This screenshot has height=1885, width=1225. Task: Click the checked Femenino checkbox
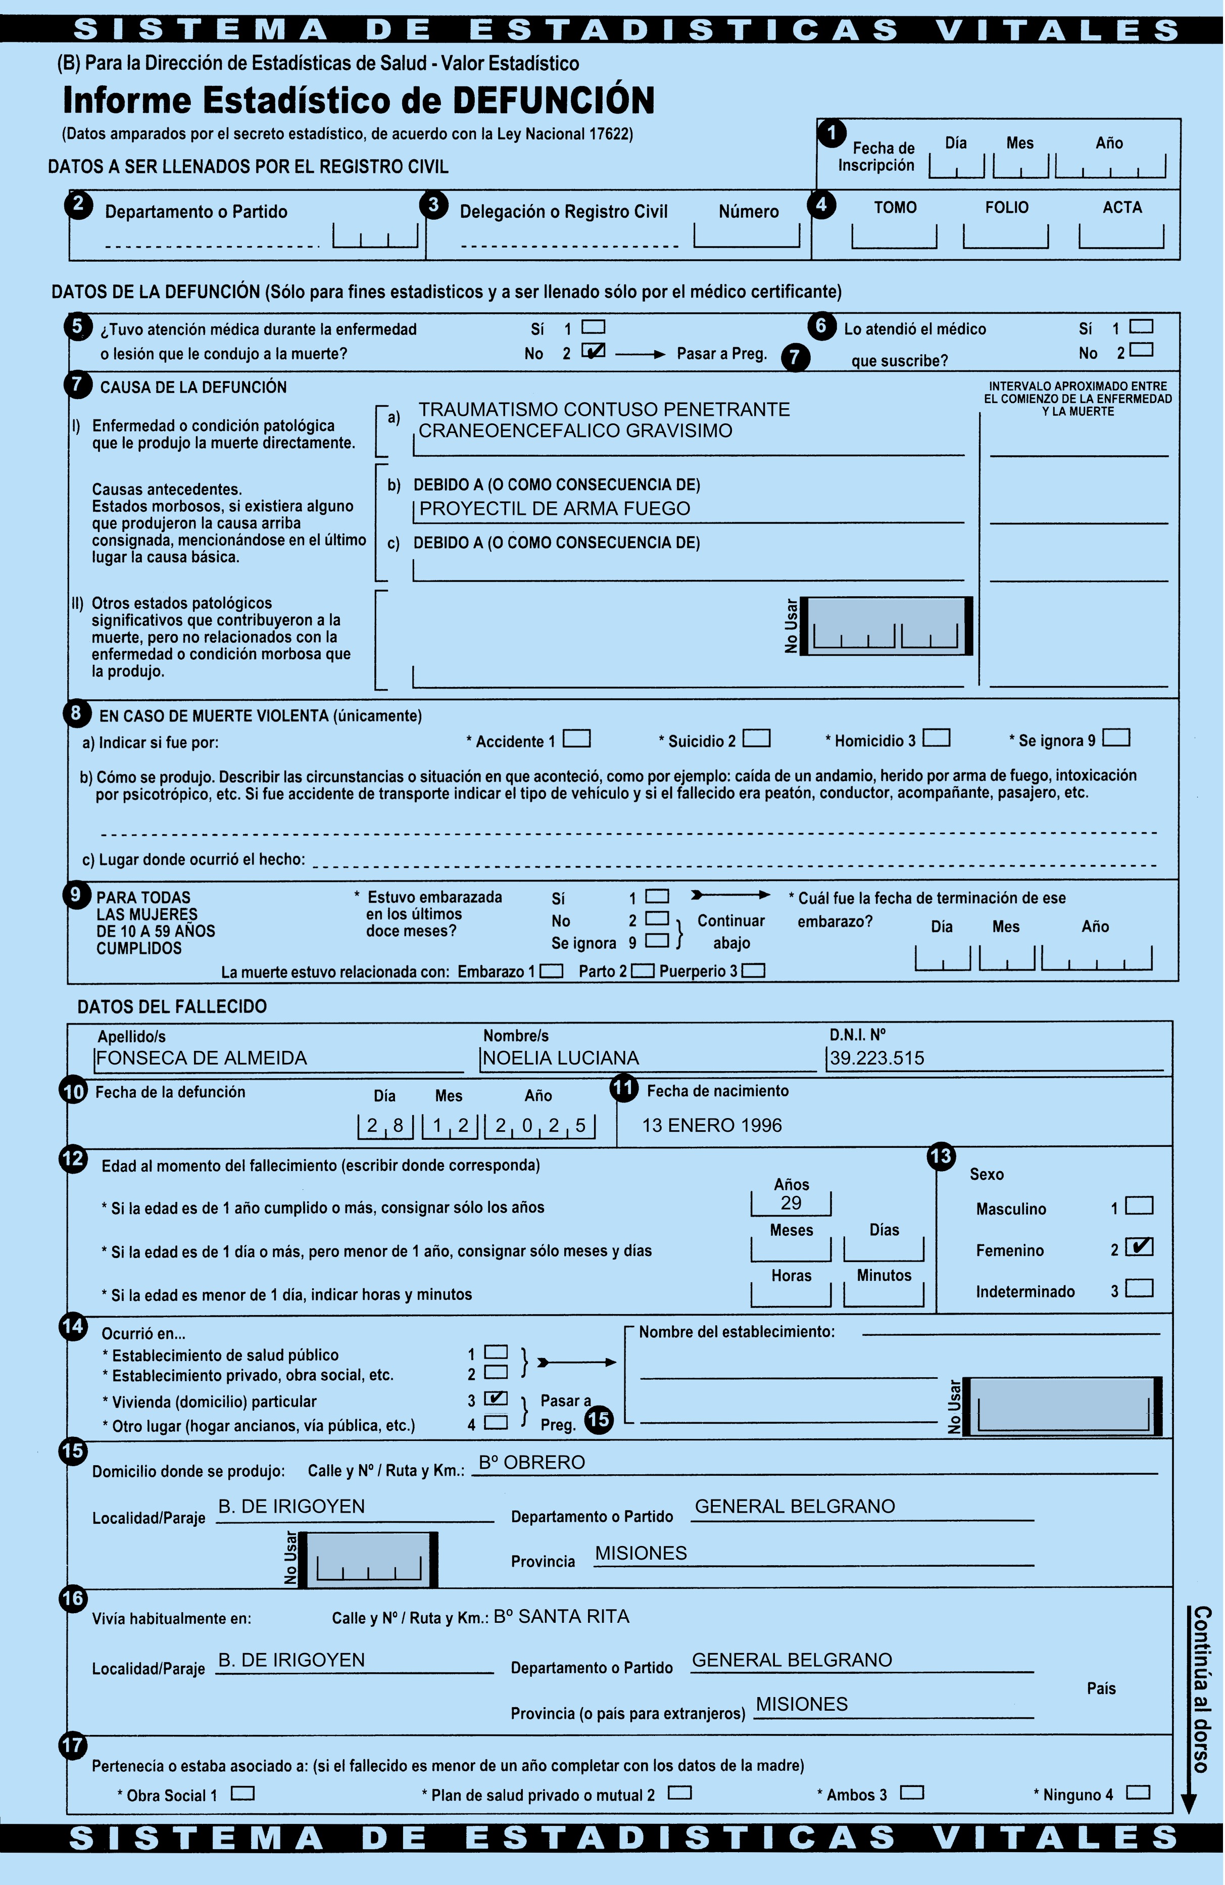(x=1140, y=1246)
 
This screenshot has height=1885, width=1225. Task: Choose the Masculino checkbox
(x=1140, y=1205)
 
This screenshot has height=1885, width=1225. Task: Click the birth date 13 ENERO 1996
(x=711, y=1126)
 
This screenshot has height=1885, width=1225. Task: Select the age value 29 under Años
(x=791, y=1203)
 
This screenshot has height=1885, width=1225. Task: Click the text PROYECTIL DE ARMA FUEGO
(x=554, y=508)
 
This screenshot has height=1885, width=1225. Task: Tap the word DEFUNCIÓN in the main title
(x=554, y=101)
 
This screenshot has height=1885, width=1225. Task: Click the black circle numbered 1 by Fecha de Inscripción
(x=831, y=133)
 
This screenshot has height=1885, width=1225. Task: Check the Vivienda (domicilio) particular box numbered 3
(x=496, y=1398)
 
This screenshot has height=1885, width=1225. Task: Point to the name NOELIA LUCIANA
(x=561, y=1058)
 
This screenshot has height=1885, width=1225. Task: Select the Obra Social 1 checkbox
(x=243, y=1793)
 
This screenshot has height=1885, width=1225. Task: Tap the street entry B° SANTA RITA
(x=561, y=1617)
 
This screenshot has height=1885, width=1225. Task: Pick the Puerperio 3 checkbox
(x=753, y=971)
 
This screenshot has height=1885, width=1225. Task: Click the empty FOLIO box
(x=1006, y=235)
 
